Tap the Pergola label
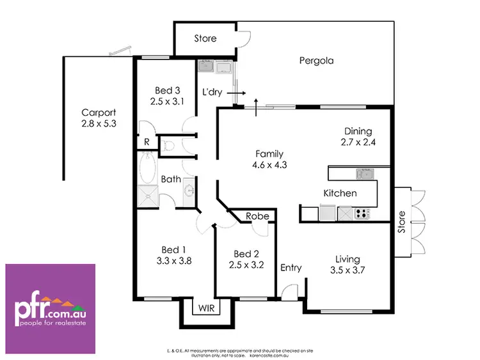point(317,61)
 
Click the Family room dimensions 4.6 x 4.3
point(269,164)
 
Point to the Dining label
point(357,132)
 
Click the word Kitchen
point(340,193)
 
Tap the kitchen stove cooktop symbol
point(362,213)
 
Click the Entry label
point(291,268)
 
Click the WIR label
point(206,308)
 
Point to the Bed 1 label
point(174,249)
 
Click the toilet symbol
point(167,145)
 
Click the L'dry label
point(212,93)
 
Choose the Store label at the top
point(205,38)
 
